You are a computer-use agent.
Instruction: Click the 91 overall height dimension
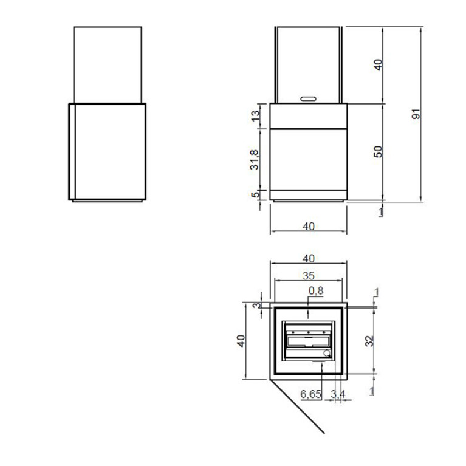(416, 114)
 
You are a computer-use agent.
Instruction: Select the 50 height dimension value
(378, 151)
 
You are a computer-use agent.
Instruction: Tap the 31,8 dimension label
(255, 160)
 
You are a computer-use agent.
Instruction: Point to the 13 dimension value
(256, 115)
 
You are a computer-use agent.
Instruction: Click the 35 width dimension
(309, 276)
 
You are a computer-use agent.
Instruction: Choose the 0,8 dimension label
(316, 290)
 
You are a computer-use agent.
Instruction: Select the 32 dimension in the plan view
(369, 341)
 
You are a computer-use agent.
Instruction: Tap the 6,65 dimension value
(311, 394)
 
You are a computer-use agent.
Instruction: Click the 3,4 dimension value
(338, 394)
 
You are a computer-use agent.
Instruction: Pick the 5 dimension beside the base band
(255, 194)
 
